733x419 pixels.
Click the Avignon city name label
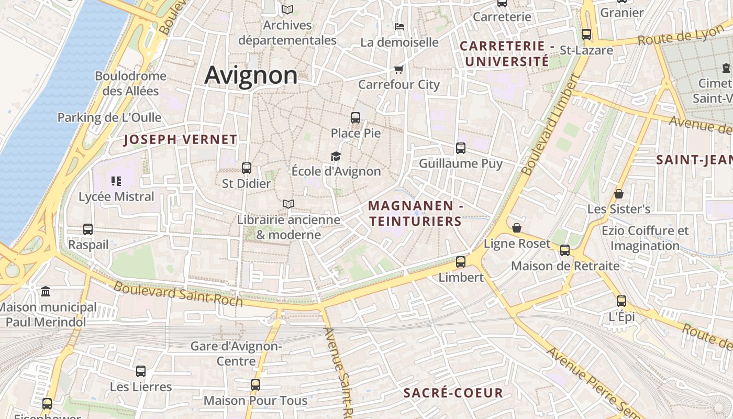pos(251,75)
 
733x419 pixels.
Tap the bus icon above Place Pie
pos(356,118)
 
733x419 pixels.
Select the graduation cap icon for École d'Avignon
pos(336,156)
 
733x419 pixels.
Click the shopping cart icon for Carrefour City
pos(399,69)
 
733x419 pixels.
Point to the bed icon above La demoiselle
pos(399,26)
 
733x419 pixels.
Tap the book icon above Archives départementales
pos(287,9)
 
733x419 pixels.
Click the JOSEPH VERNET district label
pos(181,140)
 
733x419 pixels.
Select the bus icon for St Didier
pos(247,168)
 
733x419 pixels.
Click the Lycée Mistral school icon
pos(116,181)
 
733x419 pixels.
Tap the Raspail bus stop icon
pos(88,229)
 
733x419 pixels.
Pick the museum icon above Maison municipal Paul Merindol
pos(46,291)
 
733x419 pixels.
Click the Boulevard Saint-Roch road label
pos(178,294)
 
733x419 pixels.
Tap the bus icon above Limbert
pos(461,261)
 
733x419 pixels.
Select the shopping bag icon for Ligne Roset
pos(517,228)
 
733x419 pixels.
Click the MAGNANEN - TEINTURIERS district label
pos(415,214)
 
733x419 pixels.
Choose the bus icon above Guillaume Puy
pos(461,148)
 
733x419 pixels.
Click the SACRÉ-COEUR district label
pos(453,393)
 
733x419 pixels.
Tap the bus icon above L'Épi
pos(621,301)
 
